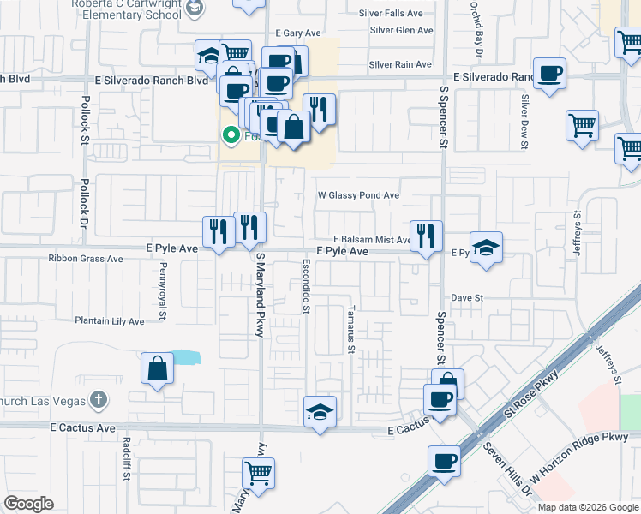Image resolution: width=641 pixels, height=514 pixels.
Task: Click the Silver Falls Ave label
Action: pos(397,14)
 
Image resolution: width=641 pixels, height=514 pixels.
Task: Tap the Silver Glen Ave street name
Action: pos(401,30)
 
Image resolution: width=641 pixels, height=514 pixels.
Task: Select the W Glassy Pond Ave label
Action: pos(358,195)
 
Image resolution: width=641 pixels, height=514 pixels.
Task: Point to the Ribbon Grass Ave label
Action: pos(86,259)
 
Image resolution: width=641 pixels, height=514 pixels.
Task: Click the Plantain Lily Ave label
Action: pos(109,321)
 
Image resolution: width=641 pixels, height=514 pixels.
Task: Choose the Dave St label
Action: pos(468,298)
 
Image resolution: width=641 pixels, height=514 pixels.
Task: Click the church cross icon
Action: pos(99,399)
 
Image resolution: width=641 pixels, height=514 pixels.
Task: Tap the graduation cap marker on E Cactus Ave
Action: pos(320,412)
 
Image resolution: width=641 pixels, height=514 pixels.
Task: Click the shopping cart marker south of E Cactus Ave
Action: pos(258,473)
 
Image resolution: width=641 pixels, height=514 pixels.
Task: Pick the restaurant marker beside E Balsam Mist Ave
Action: pos(426,236)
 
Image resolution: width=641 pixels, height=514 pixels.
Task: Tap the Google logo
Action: pos(28,504)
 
